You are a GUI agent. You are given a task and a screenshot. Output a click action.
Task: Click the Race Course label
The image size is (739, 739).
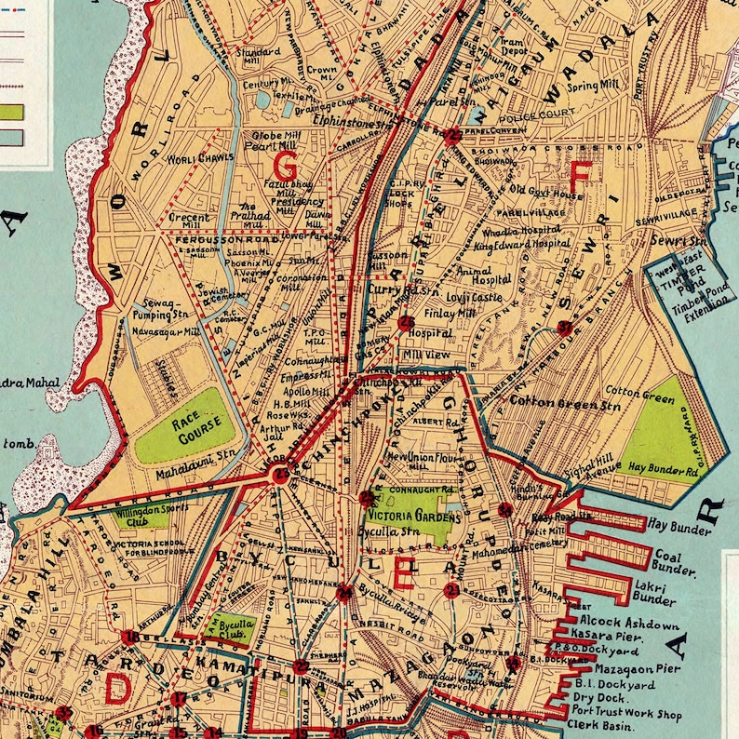[x=186, y=426]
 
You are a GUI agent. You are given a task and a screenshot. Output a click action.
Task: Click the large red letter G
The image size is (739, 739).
[x=285, y=168]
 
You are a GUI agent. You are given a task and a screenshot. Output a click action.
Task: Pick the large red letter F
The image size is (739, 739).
[x=580, y=176]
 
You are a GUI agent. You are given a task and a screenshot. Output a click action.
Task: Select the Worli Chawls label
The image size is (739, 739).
[x=200, y=159]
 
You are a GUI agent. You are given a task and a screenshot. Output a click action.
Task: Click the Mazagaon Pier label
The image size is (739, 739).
[x=630, y=668]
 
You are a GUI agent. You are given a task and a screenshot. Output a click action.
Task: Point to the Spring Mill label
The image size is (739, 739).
[x=595, y=87]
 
